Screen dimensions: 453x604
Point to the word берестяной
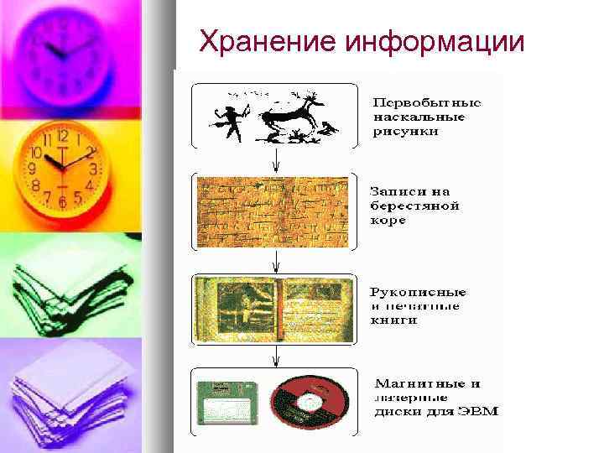pos(414,206)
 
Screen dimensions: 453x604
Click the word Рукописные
pos(419,292)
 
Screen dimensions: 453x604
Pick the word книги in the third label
pos(393,320)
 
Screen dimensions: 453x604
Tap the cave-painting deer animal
pos(290,117)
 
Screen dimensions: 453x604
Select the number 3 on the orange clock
pos(94,169)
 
